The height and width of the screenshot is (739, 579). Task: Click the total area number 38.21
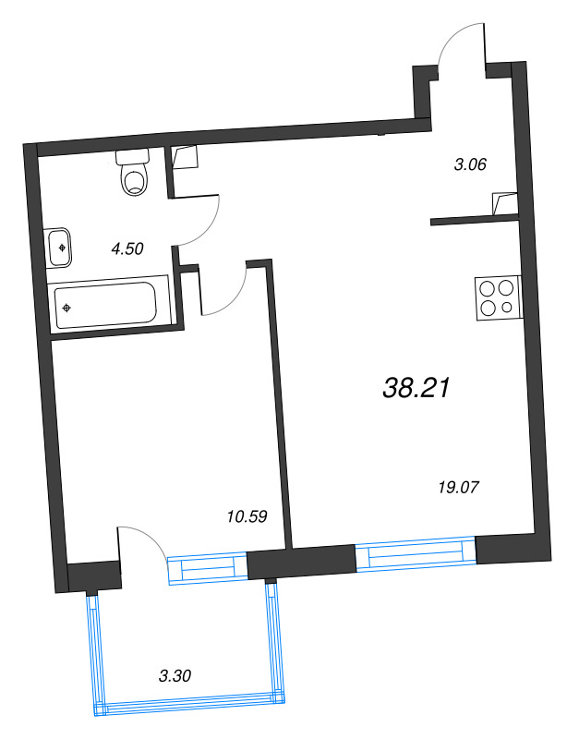416,389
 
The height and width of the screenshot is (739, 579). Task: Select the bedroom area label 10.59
246,516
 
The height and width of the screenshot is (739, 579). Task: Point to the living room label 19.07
459,486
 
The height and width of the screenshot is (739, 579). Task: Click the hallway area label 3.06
469,165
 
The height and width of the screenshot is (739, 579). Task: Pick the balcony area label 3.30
175,675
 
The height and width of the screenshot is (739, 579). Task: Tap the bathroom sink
59,248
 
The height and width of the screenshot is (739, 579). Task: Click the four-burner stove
497,298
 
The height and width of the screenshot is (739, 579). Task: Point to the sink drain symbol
61,248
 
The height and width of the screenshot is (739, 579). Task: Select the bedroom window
209,566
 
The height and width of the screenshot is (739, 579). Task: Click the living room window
416,555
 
